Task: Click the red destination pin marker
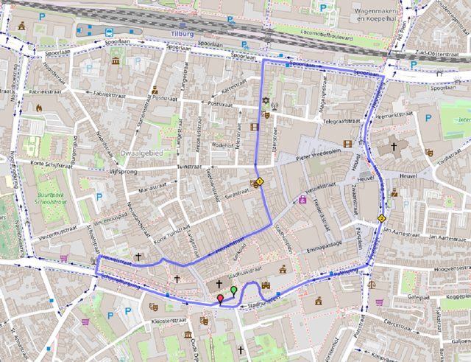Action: point(219,299)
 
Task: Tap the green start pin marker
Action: point(234,290)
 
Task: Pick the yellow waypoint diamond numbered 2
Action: point(381,218)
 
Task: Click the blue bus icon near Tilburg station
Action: point(109,32)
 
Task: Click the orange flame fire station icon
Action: point(38,108)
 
